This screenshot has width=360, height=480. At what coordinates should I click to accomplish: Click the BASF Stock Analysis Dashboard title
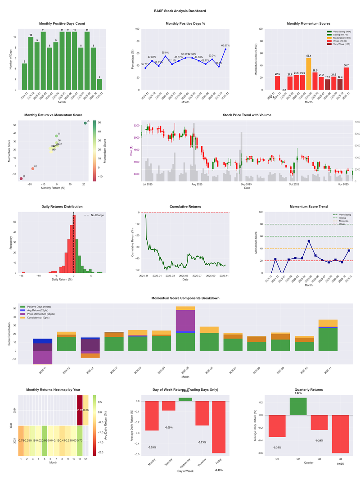[180, 10]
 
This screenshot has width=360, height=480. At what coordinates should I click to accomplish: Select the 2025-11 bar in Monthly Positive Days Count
[99, 85]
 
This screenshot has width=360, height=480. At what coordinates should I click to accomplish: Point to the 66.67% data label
[225, 45]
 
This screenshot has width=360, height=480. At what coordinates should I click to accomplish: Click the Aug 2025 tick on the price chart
[197, 185]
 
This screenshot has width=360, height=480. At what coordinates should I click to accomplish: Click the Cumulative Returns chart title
[185, 207]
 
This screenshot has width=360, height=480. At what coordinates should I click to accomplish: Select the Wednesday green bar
[185, 399]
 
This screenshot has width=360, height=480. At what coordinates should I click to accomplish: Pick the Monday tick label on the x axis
[151, 464]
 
